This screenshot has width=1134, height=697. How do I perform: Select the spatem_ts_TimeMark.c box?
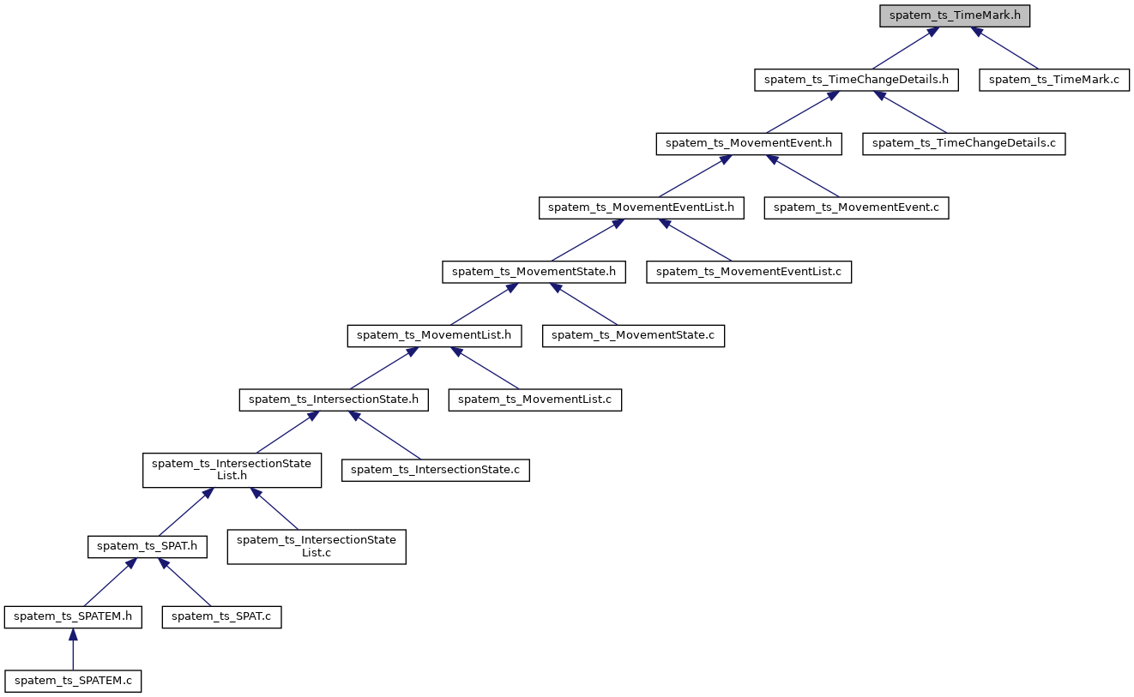[1054, 80]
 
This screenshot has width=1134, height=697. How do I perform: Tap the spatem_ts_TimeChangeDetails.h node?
[856, 80]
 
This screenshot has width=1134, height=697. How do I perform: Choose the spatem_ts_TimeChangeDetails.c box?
[963, 143]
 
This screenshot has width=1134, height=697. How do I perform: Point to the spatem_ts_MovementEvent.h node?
[749, 143]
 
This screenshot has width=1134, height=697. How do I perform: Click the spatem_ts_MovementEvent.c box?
[856, 207]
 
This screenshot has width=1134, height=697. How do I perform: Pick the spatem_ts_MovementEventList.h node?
[641, 207]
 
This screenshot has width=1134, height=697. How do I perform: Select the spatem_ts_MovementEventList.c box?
[749, 272]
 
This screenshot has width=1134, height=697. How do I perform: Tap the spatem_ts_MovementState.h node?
[534, 272]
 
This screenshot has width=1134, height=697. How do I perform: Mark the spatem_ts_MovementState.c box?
[633, 335]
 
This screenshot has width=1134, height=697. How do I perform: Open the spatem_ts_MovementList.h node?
[434, 335]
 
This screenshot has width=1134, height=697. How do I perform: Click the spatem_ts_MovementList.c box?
[534, 400]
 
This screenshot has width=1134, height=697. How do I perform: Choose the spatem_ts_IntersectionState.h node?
[333, 400]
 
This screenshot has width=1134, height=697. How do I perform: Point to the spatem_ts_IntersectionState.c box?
[436, 470]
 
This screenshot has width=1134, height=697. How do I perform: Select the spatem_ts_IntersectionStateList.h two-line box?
[232, 470]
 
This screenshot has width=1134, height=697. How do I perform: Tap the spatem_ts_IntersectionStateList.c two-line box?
[316, 546]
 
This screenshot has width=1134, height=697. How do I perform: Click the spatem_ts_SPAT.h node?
[148, 546]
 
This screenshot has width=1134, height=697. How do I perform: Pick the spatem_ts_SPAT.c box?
[221, 616]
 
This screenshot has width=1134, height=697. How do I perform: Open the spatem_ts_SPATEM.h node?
[73, 616]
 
